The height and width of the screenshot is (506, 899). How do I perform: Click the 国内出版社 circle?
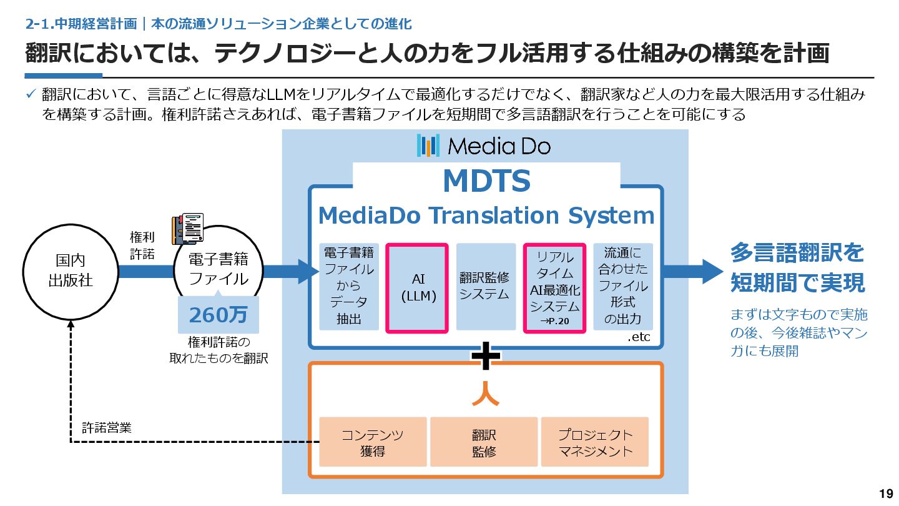click(x=70, y=270)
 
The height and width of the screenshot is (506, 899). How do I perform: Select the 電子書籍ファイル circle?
click(x=219, y=270)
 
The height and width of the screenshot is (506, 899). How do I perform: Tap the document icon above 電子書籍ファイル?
click(x=188, y=229)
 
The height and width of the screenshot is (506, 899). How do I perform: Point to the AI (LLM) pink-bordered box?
click(x=418, y=287)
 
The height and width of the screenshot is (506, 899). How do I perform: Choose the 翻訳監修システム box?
click(x=486, y=286)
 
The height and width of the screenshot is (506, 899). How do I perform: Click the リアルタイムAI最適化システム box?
click(x=554, y=287)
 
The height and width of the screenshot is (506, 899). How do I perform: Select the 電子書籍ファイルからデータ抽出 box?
click(x=349, y=286)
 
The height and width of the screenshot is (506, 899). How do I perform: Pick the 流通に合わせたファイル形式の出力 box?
click(x=622, y=286)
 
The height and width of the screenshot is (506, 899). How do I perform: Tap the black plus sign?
click(x=486, y=357)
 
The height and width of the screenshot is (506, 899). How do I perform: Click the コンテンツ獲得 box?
click(x=373, y=442)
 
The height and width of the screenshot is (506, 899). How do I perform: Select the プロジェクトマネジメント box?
click(x=595, y=442)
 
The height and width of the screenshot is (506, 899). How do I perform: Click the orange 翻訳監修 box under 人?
click(x=484, y=442)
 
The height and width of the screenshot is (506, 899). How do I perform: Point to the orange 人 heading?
click(x=485, y=392)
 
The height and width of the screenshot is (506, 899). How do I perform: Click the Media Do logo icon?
click(x=428, y=146)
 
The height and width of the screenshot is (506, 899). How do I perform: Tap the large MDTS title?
click(x=486, y=181)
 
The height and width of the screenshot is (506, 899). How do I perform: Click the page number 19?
click(x=885, y=494)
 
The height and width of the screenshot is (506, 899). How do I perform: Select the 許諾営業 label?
click(x=107, y=428)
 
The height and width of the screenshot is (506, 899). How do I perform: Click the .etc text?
click(x=639, y=337)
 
